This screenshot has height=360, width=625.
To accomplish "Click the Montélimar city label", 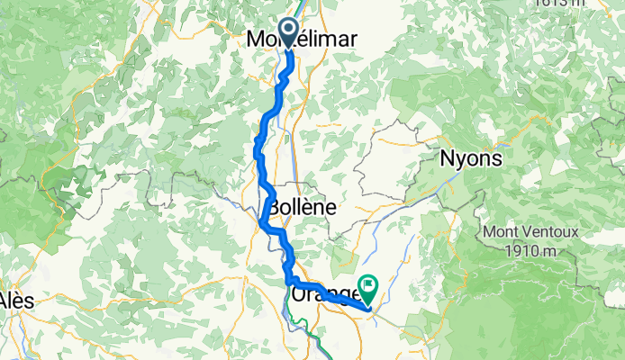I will (x=302, y=39).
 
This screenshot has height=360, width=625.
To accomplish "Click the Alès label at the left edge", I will (x=16, y=300).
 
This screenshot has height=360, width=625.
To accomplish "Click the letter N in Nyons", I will (x=446, y=158).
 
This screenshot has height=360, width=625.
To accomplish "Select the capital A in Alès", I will (x=5, y=300).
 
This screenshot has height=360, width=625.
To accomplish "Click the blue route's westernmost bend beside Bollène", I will (x=261, y=222).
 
